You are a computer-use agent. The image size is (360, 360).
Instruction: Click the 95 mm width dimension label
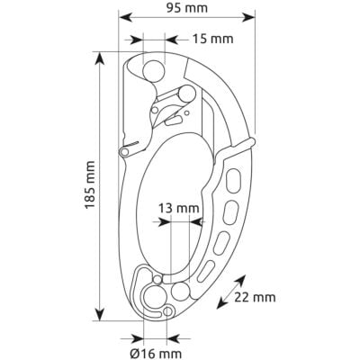pos(187,8)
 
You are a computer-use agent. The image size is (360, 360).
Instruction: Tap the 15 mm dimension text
pos(212,39)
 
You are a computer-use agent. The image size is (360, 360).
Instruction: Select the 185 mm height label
pos(90,184)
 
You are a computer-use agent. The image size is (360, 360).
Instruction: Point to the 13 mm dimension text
pos(179,208)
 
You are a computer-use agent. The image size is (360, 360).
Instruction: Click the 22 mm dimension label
pos(255,297)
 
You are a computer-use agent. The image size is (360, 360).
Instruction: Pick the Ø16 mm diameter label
pos(156,354)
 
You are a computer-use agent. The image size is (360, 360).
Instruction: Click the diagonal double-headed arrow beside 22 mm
pos(231,292)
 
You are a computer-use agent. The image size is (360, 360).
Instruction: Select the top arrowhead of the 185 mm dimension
pos(100,58)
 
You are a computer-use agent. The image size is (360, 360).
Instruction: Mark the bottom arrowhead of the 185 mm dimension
pos(100,314)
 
